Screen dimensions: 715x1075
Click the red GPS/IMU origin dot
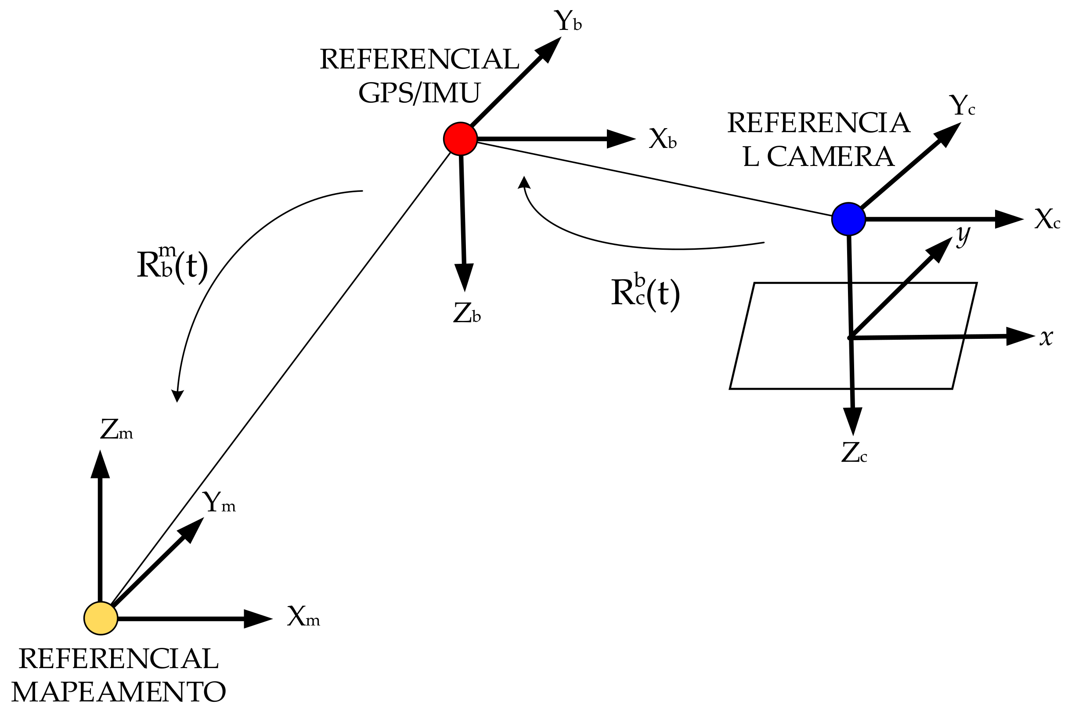coord(460,139)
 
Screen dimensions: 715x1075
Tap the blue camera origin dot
coord(848,219)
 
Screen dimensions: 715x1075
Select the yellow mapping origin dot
coord(101,618)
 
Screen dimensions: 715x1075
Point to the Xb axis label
coord(662,139)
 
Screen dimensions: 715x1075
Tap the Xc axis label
coord(1047,219)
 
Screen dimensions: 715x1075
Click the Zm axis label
coord(116,430)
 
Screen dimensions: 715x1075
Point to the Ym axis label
coord(219,503)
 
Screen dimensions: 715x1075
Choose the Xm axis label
coord(303,617)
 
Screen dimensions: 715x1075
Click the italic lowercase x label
coord(1046,338)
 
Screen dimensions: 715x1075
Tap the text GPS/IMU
coord(419,93)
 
